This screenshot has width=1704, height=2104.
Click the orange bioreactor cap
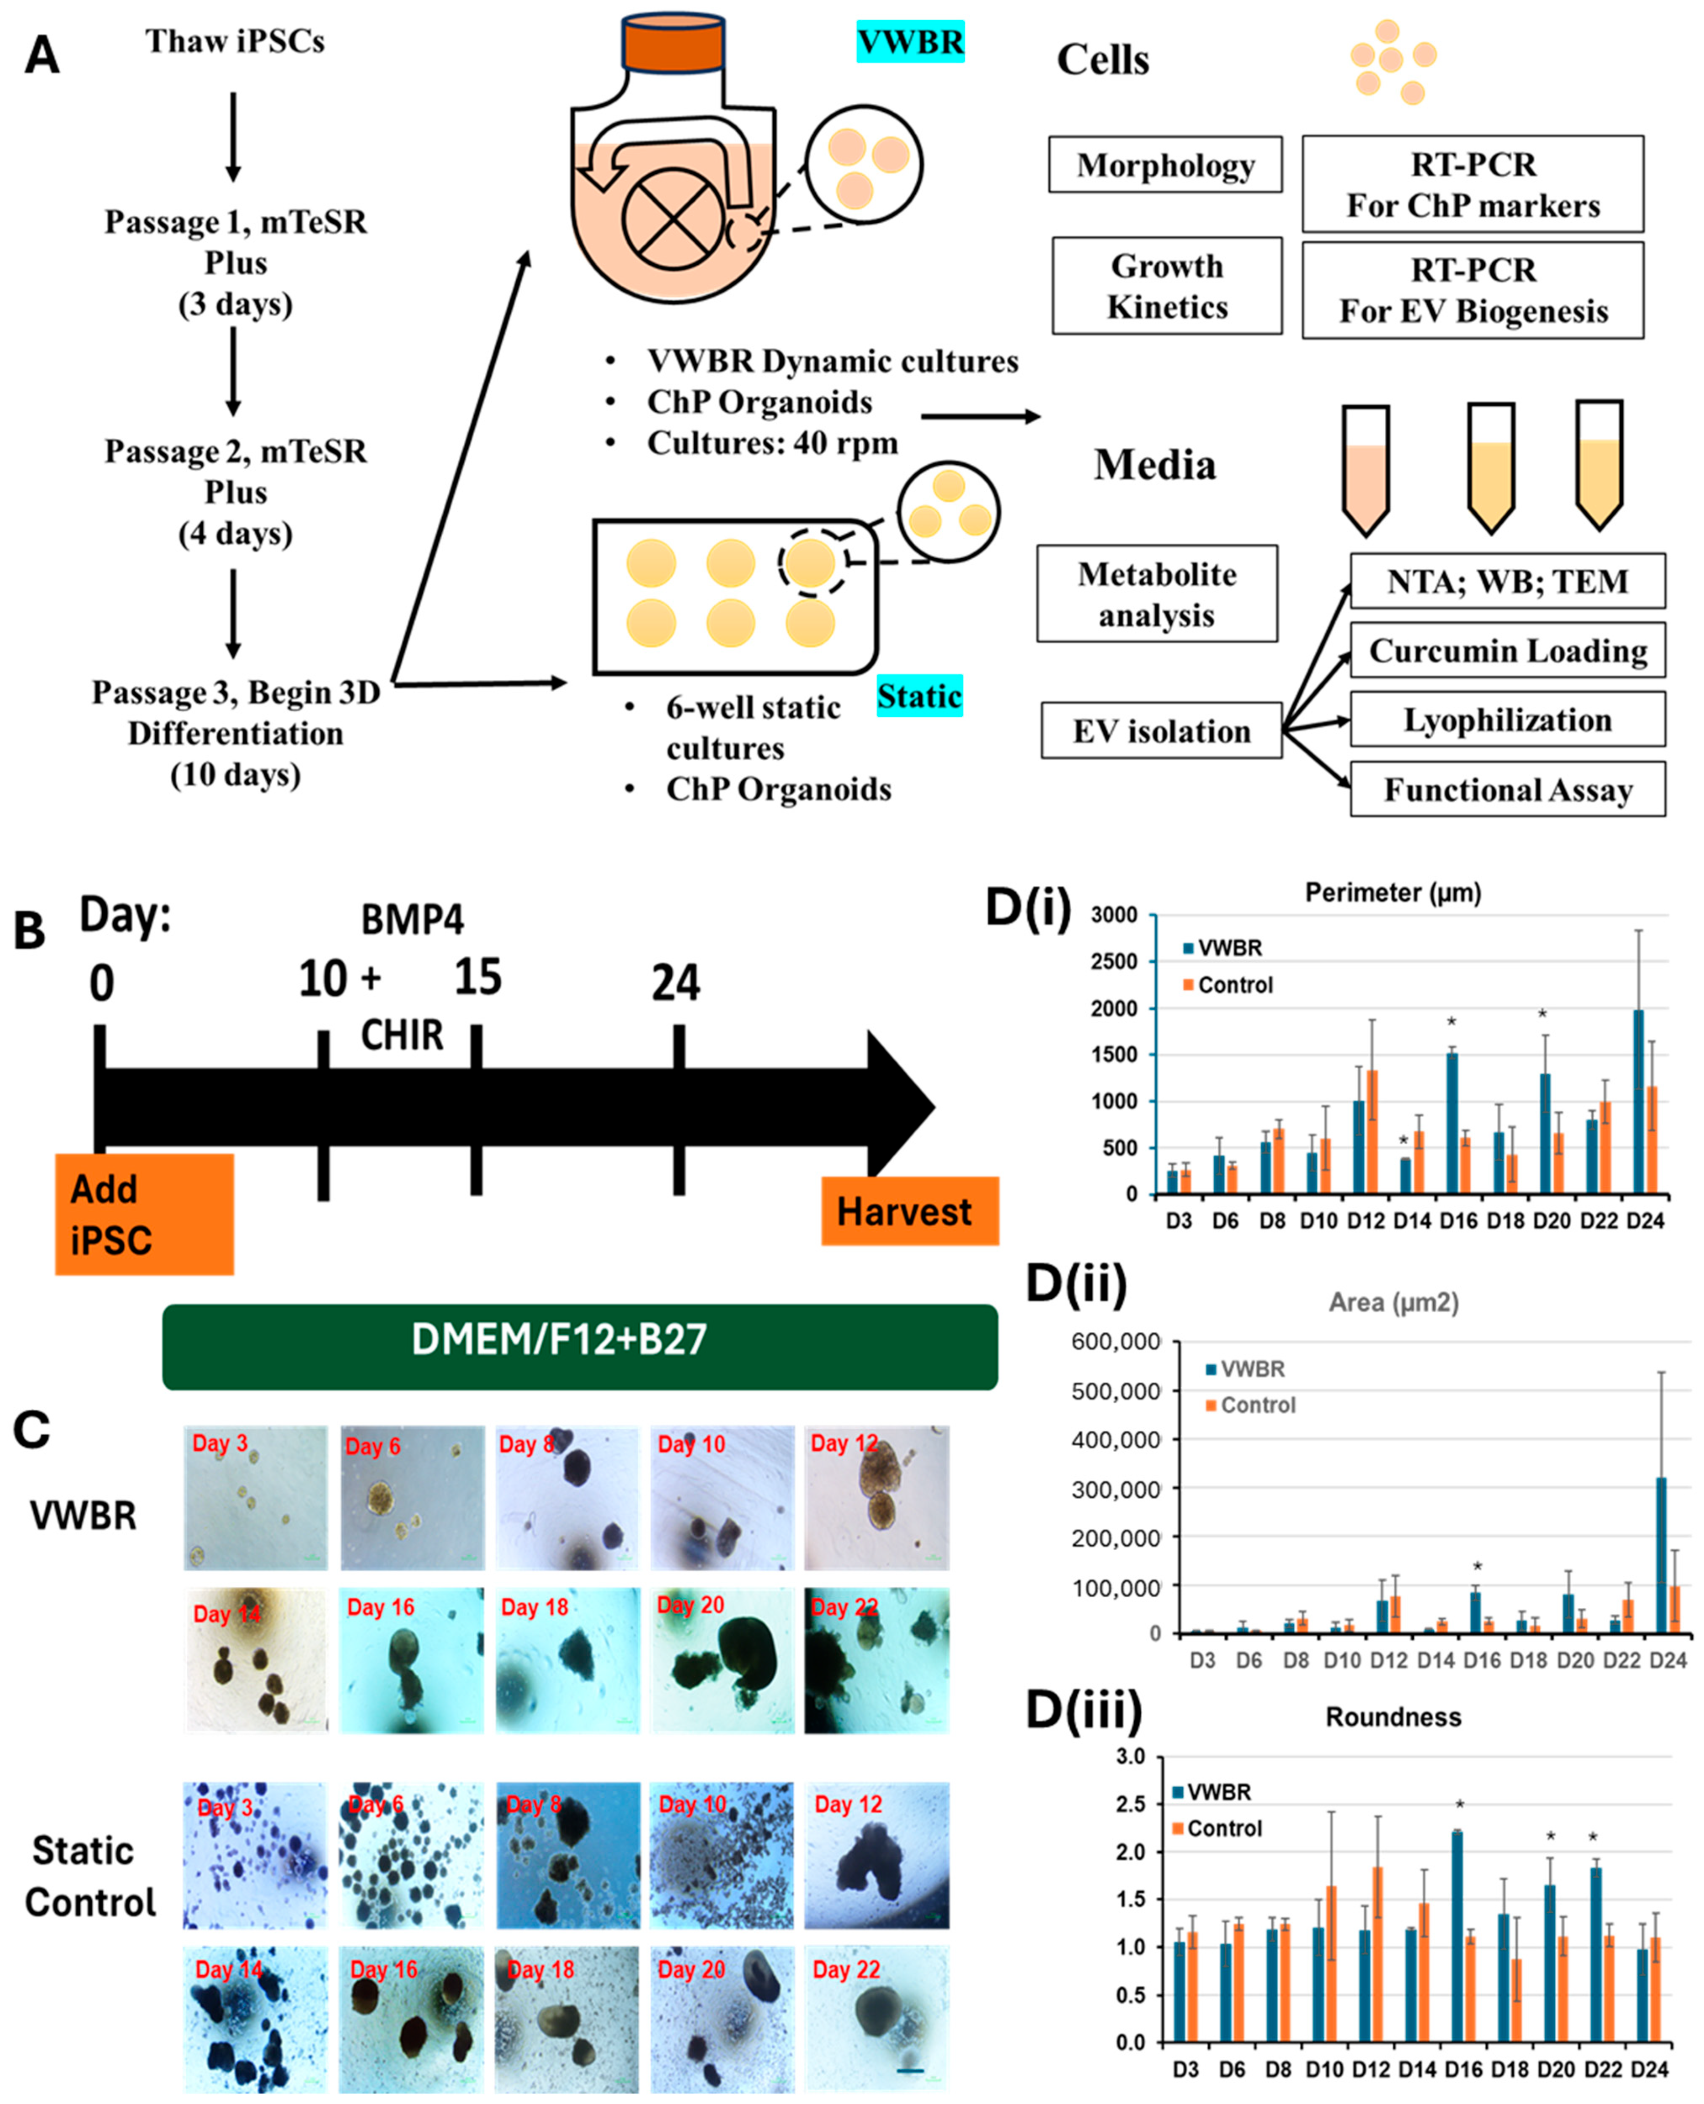click(673, 44)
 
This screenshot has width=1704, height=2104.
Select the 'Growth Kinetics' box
click(1167, 286)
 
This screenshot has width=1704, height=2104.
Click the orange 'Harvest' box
click(909, 1211)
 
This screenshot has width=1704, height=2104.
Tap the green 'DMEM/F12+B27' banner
click(580, 1339)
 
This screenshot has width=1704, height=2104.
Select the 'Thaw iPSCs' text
click(236, 41)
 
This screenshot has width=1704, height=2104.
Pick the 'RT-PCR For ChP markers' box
click(1473, 184)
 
